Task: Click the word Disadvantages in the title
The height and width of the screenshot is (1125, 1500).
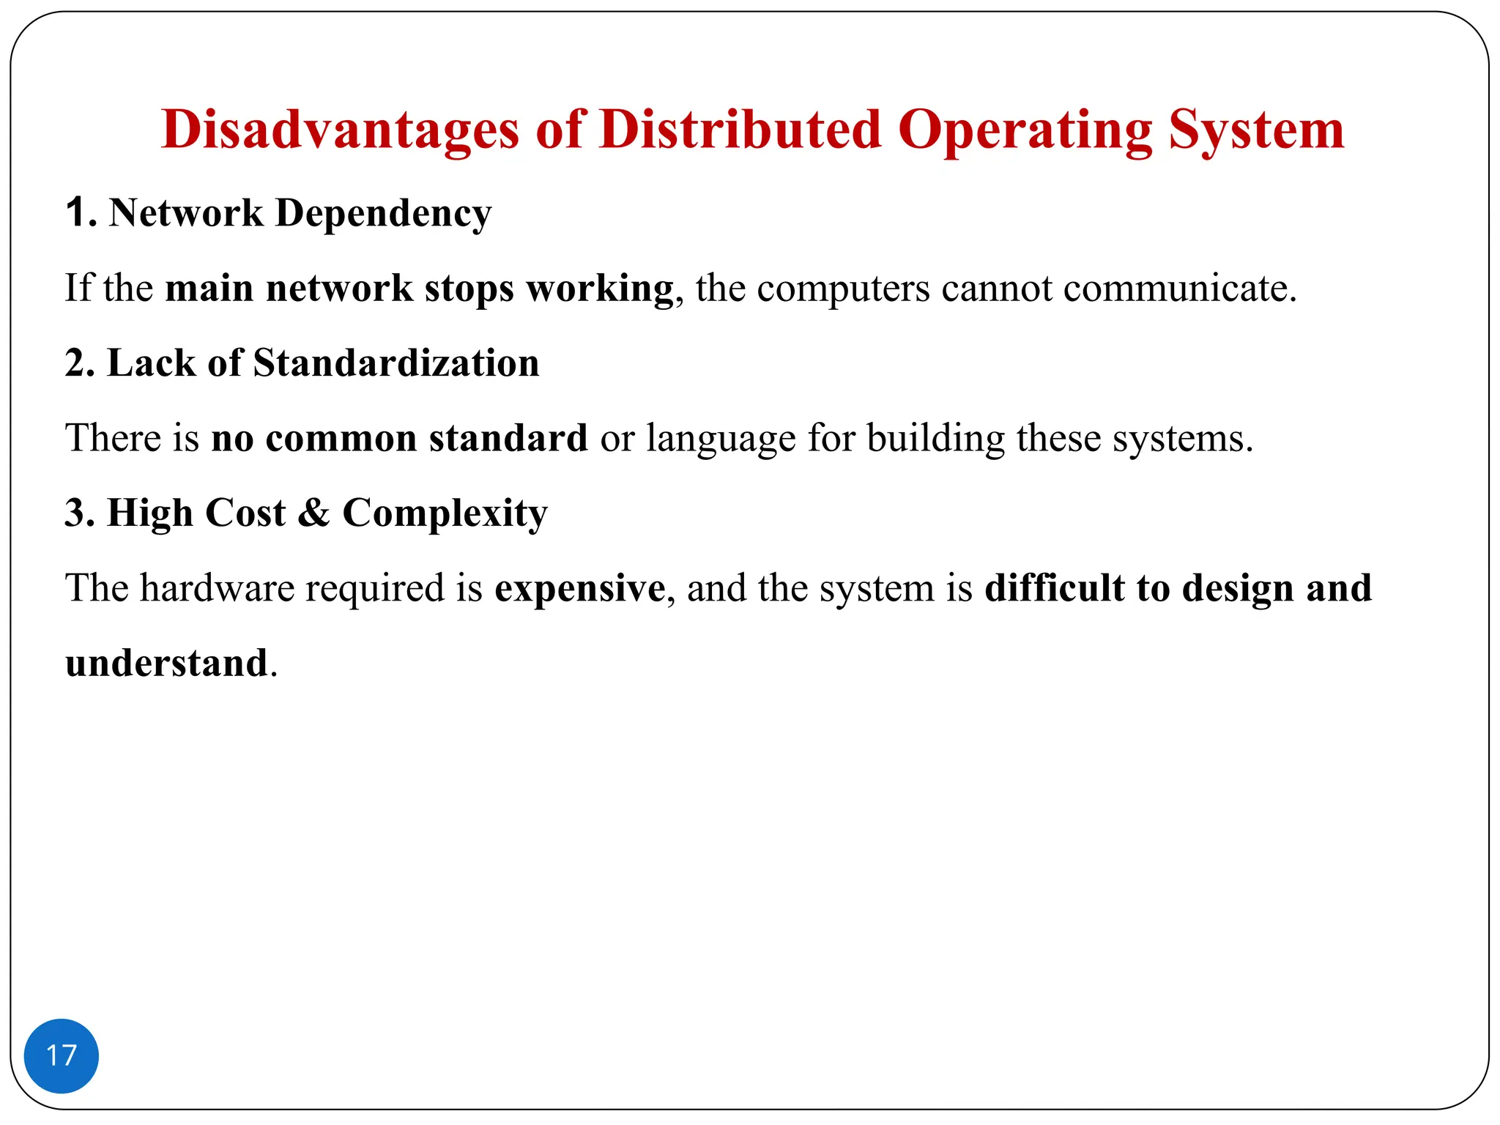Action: click(x=340, y=130)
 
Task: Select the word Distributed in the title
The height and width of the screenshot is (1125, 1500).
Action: click(x=740, y=130)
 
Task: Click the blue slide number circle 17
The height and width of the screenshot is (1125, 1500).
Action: click(x=62, y=1055)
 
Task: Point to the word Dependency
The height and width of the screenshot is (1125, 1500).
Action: click(x=383, y=214)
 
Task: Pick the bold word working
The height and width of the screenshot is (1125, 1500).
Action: click(x=600, y=289)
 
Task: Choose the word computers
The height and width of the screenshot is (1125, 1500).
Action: click(x=843, y=289)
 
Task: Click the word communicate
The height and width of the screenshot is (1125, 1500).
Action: click(x=1179, y=289)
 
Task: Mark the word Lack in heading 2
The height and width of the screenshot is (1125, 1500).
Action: click(x=152, y=363)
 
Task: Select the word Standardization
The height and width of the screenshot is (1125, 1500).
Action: click(x=396, y=363)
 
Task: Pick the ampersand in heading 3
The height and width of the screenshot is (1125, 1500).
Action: click(x=313, y=513)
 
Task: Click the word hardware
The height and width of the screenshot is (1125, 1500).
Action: click(x=217, y=588)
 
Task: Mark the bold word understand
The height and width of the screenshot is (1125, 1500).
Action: click(x=166, y=664)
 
